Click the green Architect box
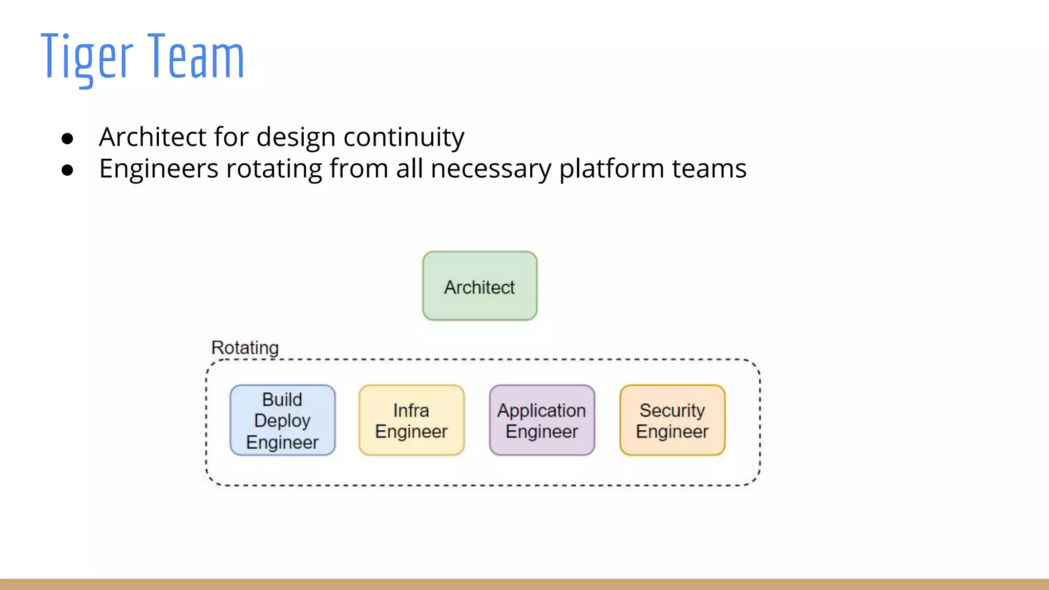(x=479, y=286)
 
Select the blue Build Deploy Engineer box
(x=282, y=420)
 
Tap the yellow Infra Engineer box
(x=411, y=420)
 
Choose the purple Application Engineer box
(x=542, y=420)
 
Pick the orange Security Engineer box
(x=672, y=420)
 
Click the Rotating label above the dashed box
(x=245, y=348)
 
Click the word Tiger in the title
(x=87, y=56)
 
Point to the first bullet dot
(x=67, y=138)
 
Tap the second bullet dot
(x=67, y=170)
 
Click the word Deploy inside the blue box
(x=282, y=421)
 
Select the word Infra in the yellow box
(x=411, y=410)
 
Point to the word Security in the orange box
(x=672, y=410)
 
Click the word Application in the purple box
(x=541, y=411)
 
